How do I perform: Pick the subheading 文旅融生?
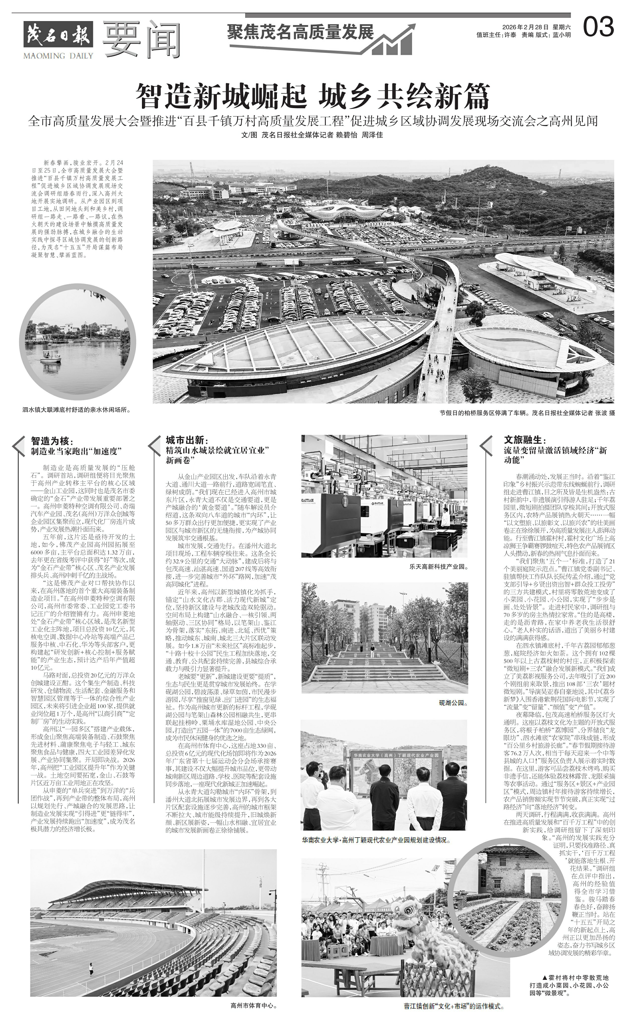pyautogui.click(x=524, y=441)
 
